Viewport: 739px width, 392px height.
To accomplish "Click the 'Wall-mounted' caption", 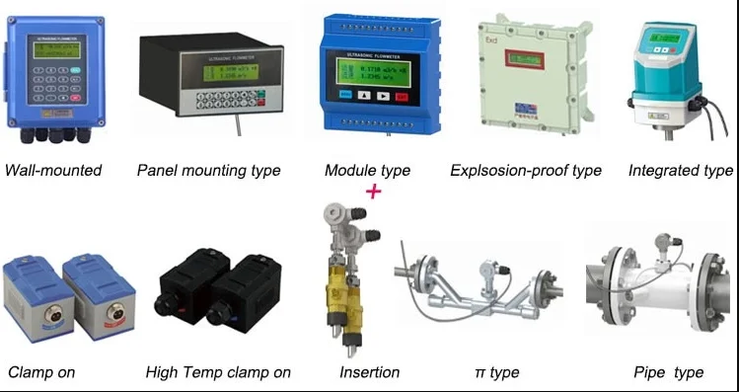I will (53, 171).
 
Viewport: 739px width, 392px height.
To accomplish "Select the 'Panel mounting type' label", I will (208, 171).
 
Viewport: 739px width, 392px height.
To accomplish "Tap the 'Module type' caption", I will (367, 171).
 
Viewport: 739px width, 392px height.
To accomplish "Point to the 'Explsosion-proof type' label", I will (525, 171).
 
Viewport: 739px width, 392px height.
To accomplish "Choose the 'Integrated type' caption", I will (680, 171).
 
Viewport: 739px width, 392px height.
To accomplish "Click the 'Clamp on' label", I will (40, 372).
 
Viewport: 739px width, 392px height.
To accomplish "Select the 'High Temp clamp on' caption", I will (218, 372).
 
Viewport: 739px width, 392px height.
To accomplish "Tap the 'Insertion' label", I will (369, 372).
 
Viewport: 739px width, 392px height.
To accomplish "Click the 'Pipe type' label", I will (668, 372).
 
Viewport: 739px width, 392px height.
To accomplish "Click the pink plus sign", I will (373, 191).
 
